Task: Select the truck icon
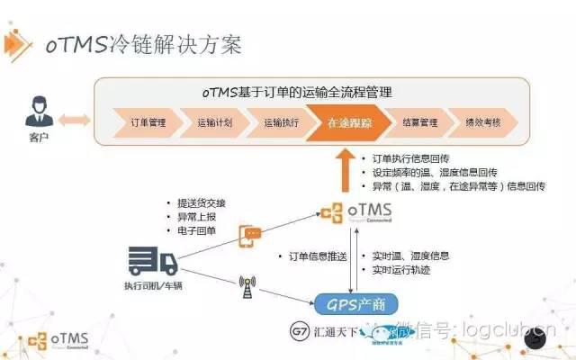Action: (x=152, y=262)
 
